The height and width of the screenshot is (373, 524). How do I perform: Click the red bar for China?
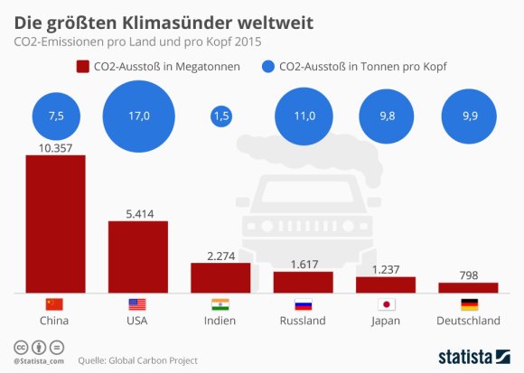[55, 223]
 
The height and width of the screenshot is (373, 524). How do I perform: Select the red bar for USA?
[137, 256]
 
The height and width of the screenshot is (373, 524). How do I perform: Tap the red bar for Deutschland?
[468, 287]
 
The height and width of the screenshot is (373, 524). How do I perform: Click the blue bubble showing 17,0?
[137, 117]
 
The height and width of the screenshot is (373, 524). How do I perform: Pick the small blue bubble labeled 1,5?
[220, 117]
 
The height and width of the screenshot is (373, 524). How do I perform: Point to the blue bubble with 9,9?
[468, 117]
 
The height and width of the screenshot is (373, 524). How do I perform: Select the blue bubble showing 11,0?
[303, 117]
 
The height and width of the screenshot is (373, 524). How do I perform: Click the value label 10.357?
[55, 146]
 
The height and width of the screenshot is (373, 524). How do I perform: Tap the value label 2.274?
[220, 255]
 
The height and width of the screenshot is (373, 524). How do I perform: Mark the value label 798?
[468, 274]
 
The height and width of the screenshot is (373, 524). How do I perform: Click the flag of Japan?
[386, 304]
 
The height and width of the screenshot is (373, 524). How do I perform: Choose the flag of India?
[220, 304]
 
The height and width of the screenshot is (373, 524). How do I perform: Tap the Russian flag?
[303, 304]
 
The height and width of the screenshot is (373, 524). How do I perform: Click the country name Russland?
[303, 321]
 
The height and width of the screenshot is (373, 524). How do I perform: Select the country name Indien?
[220, 321]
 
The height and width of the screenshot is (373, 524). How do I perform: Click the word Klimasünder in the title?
[148, 18]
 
